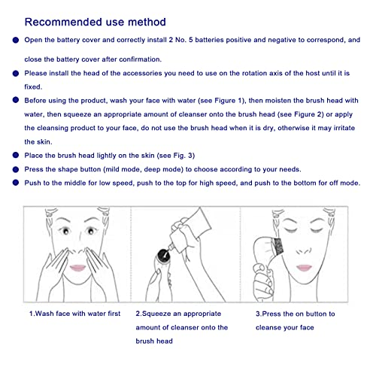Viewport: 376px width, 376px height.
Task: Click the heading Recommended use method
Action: (95, 22)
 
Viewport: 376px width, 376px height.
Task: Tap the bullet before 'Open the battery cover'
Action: (16, 40)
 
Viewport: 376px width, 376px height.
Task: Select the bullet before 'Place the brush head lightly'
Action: (16, 156)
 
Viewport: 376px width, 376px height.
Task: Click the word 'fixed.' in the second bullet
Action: (33, 86)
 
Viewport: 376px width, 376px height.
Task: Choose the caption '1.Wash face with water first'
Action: (74, 314)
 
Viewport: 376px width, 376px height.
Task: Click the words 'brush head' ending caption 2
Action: (154, 341)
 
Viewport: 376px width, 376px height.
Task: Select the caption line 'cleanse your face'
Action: (285, 327)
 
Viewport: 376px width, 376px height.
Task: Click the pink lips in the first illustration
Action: (77, 268)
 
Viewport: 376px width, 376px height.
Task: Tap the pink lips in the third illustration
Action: (304, 268)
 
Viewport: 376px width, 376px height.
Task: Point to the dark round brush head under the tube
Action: (163, 256)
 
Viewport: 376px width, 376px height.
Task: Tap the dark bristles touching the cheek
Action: (277, 247)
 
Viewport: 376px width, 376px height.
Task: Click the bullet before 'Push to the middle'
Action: (16, 183)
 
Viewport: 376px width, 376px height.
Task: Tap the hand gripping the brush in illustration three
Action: (262, 280)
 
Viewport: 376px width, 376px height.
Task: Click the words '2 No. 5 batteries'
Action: (196, 40)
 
